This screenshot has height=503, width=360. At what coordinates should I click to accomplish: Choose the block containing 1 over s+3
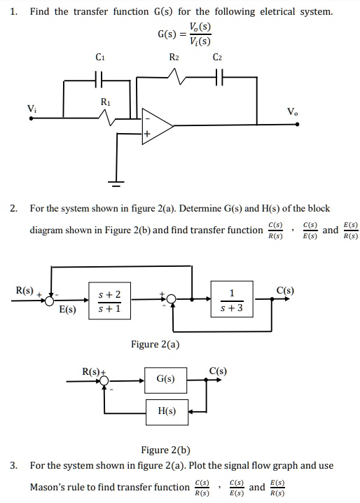[231, 301]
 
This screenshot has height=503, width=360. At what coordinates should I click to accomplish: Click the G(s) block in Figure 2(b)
[166, 380]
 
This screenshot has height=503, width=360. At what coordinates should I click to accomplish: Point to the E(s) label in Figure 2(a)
[68, 309]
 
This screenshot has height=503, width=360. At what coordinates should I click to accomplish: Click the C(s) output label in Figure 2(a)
[285, 289]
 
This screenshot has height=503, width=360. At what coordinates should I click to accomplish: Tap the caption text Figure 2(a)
[155, 344]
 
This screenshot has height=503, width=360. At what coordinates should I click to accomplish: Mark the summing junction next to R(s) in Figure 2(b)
[104, 380]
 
